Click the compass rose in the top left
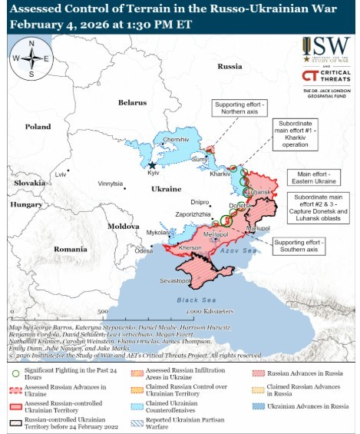31,59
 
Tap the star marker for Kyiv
152,165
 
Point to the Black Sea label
191,300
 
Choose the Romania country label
71,250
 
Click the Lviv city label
61,175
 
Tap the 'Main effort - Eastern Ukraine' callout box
315,178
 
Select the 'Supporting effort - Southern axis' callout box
299,246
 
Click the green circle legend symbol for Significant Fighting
16,372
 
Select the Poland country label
38,127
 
